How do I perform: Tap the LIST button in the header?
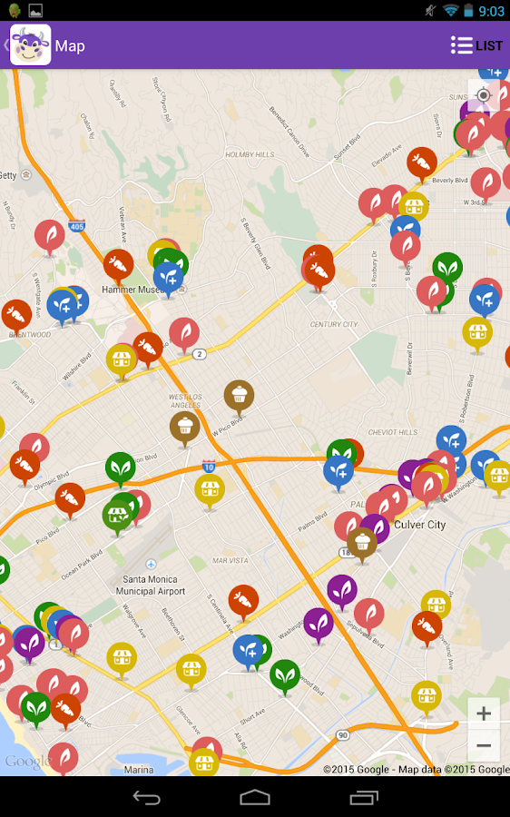[476, 45]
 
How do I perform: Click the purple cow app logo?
[30, 45]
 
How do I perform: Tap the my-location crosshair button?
[484, 95]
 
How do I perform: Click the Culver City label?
[420, 525]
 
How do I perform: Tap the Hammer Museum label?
[131, 290]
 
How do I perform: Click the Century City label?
[333, 324]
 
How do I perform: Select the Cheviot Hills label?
[392, 432]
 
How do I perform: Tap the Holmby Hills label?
[250, 155]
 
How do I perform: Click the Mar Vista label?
[230, 561]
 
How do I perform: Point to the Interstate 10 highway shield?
[208, 466]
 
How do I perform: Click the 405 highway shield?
[75, 227]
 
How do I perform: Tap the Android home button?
[255, 797]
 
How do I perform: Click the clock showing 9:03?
[490, 11]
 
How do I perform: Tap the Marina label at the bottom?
[138, 770]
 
